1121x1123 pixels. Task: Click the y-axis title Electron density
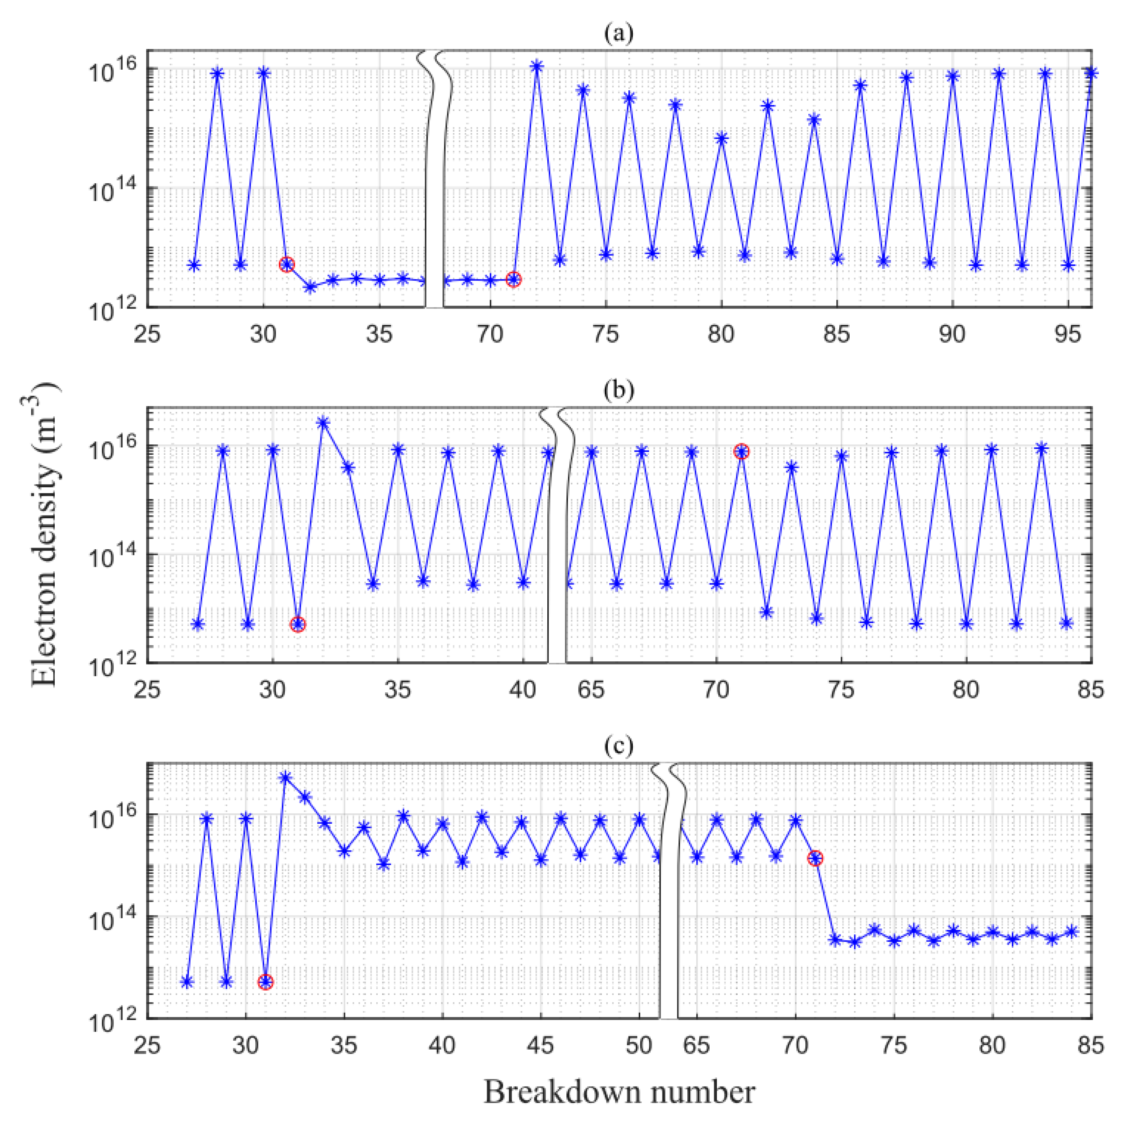click(x=45, y=534)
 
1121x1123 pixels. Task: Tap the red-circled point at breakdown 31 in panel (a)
click(x=287, y=264)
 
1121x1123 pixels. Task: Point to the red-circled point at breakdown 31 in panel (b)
click(x=297, y=624)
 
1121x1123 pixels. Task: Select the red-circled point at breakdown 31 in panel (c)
click(x=266, y=982)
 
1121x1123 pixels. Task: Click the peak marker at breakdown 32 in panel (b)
click(x=323, y=423)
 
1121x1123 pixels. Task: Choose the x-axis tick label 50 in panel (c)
click(x=639, y=1046)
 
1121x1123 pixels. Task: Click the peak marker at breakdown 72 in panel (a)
click(x=536, y=66)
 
